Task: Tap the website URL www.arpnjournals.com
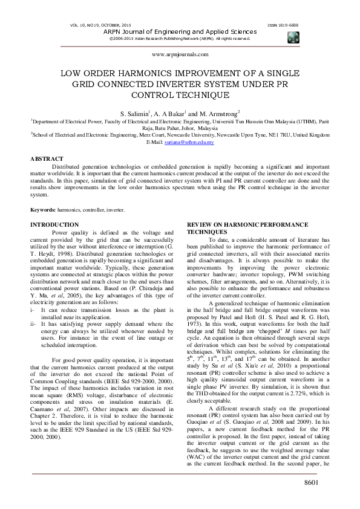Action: point(180,54)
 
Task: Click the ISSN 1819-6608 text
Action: point(283,25)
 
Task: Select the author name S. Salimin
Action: point(137,113)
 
